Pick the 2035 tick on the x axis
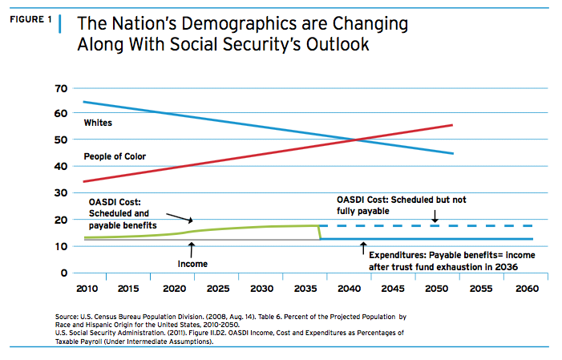tap(305, 288)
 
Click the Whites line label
tap(98, 122)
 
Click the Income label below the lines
tap(192, 263)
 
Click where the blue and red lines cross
tap(356, 140)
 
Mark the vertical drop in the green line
tap(321, 233)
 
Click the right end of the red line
tap(453, 125)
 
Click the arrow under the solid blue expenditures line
tap(363, 247)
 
